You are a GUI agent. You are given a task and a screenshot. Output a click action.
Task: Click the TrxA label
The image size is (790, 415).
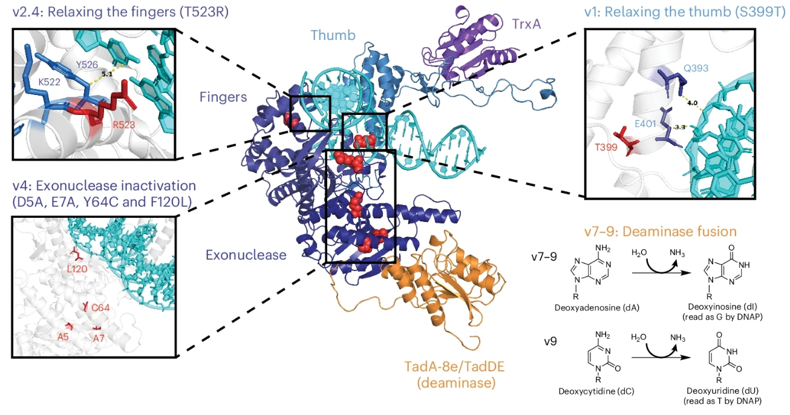pyautogui.click(x=526, y=24)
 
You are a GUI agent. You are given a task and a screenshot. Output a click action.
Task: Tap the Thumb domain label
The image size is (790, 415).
pyautogui.click(x=333, y=35)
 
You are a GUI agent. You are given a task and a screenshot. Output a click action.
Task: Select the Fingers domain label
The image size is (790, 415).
pyautogui.click(x=223, y=97)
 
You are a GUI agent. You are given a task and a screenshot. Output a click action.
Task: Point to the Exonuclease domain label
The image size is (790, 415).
pyautogui.click(x=246, y=255)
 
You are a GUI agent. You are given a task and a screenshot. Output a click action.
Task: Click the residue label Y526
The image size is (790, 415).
pyautogui.click(x=87, y=65)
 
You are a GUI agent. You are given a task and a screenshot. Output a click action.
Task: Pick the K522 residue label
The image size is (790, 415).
pyautogui.click(x=50, y=82)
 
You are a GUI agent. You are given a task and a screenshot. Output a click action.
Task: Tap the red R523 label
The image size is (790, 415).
pyautogui.click(x=124, y=125)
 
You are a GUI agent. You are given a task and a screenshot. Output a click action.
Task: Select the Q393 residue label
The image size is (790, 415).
pyautogui.click(x=696, y=68)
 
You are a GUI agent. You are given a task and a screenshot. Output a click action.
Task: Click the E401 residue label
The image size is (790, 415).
pyautogui.click(x=645, y=124)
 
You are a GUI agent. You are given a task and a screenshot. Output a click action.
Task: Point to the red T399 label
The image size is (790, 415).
pyautogui.click(x=606, y=147)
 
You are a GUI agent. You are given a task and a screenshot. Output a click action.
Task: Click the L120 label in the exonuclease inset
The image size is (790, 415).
pyautogui.click(x=77, y=269)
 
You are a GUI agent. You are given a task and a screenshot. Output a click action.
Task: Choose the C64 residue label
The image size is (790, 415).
pyautogui.click(x=100, y=308)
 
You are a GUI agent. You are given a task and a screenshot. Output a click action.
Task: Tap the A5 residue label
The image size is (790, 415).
pyautogui.click(x=63, y=337)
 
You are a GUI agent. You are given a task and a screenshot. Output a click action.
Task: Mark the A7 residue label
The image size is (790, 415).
pyautogui.click(x=99, y=339)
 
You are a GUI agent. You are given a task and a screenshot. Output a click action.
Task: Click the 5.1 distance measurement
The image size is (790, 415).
pyautogui.click(x=107, y=74)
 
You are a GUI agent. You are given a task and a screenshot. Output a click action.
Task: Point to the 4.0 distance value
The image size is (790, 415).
pyautogui.click(x=692, y=103)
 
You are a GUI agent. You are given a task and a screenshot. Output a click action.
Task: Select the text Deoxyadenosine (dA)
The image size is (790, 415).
pyautogui.click(x=596, y=308)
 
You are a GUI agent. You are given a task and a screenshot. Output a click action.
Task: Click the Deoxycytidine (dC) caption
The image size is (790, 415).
pyautogui.click(x=596, y=391)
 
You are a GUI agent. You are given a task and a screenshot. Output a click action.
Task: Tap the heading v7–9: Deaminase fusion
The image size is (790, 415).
pyautogui.click(x=660, y=232)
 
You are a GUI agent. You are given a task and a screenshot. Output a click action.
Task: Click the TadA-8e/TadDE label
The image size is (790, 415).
pyautogui.click(x=454, y=367)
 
